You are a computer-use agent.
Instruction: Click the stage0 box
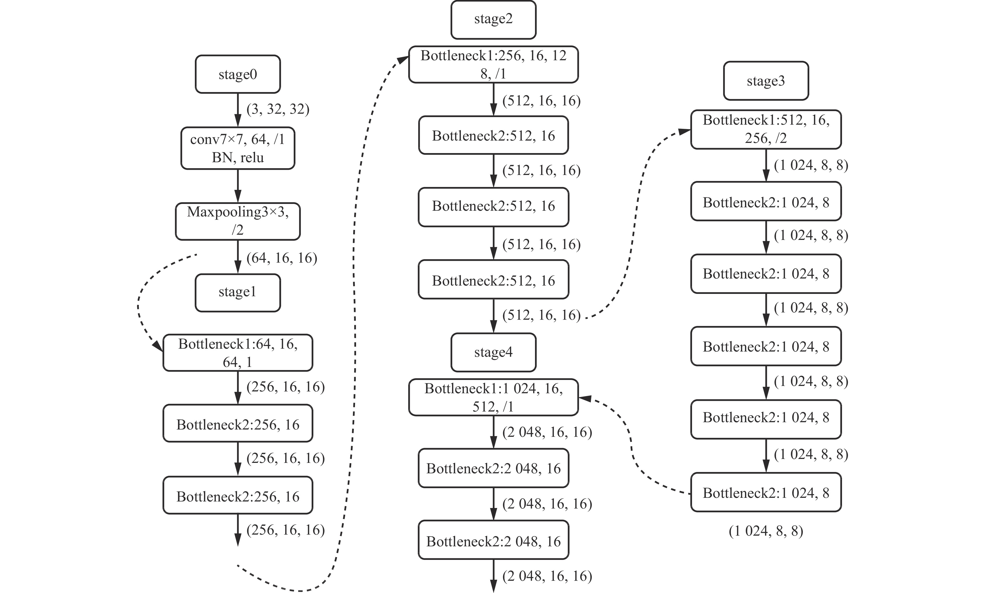point(238,74)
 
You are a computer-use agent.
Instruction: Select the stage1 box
point(238,293)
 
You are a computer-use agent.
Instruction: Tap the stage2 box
point(494,20)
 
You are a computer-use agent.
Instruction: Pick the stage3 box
point(766,81)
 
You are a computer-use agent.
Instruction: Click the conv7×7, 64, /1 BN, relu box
point(238,148)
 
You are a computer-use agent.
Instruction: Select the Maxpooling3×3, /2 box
point(238,221)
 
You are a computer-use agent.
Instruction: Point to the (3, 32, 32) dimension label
point(278,109)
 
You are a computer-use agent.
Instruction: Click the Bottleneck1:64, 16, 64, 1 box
point(238,353)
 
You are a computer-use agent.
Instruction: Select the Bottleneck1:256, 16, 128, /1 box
point(494,64)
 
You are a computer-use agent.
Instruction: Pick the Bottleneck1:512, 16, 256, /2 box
point(766,129)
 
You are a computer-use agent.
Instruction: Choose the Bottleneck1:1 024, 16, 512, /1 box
point(494,397)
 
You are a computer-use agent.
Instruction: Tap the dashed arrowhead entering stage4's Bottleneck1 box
point(584,398)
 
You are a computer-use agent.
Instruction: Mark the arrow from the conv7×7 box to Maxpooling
point(238,186)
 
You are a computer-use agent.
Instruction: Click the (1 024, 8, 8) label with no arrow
point(766,531)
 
